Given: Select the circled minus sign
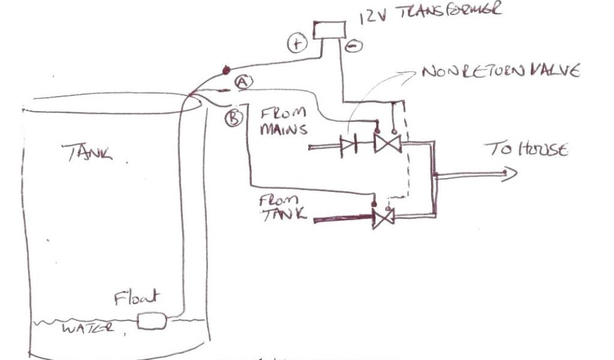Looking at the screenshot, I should pyautogui.click(x=352, y=45).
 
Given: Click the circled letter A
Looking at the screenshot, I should pyautogui.click(x=241, y=82).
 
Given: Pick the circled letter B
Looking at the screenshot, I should pyautogui.click(x=233, y=118).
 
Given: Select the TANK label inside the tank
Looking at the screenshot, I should pyautogui.click(x=88, y=154).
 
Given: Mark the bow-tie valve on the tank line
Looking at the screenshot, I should pyautogui.click(x=382, y=217).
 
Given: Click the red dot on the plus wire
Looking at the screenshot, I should pyautogui.click(x=227, y=71).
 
